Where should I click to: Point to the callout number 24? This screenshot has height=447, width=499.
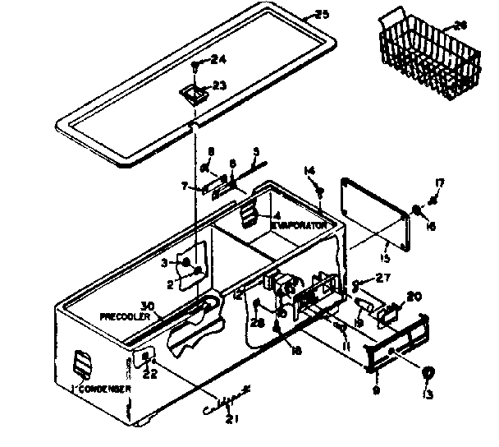[x=217, y=59]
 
